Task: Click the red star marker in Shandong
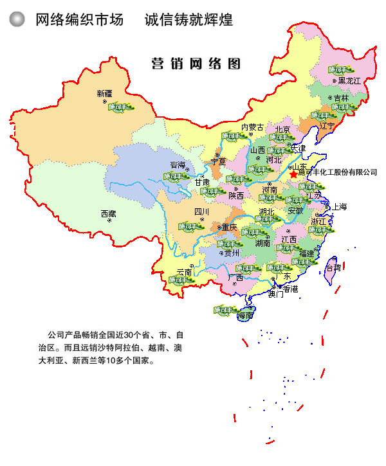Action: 294,174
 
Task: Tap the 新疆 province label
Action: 104,93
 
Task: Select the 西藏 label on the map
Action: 108,213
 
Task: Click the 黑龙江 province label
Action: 349,81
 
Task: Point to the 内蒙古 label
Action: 252,127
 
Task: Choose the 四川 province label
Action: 201,211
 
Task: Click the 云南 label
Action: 184,272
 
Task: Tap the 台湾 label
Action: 334,267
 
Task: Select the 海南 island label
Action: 246,316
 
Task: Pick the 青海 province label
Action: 177,165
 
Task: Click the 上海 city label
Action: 339,207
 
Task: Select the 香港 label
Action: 291,289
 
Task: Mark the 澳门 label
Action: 275,295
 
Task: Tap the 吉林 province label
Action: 340,98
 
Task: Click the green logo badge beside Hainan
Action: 226,310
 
